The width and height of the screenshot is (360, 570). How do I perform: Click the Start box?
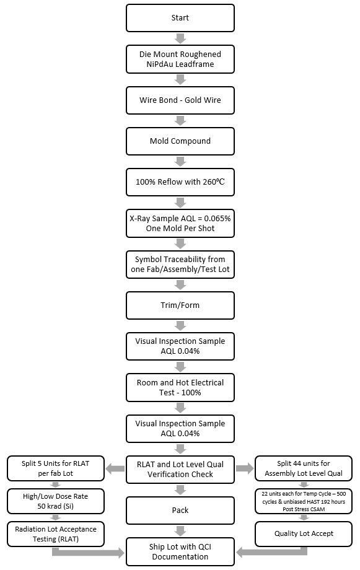180,18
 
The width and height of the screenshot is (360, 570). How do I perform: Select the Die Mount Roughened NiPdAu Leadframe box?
180,59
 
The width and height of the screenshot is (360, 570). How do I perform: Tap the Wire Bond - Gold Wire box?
180,100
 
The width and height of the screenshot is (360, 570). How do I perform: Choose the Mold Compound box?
180,141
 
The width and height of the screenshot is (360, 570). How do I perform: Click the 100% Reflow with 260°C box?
180,182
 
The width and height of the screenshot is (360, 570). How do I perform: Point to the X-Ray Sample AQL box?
180,223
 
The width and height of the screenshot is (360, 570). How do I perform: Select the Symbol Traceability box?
180,264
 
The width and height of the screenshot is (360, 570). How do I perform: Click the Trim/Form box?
180,305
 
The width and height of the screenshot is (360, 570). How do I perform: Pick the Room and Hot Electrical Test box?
180,387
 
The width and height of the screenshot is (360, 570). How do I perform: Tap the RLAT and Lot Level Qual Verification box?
180,469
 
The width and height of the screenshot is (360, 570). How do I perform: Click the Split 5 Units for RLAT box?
56,469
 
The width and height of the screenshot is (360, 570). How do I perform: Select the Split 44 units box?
304,469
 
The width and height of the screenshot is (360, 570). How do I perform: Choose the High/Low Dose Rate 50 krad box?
56,501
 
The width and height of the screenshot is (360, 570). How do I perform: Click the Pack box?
180,511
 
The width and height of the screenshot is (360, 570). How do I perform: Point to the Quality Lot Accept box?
304,533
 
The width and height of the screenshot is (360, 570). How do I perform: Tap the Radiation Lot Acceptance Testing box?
56,533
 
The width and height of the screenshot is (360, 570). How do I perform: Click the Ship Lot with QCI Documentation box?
180,551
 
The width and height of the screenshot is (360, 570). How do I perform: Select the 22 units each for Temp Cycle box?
304,501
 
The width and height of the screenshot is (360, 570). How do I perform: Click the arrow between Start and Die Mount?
180,38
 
